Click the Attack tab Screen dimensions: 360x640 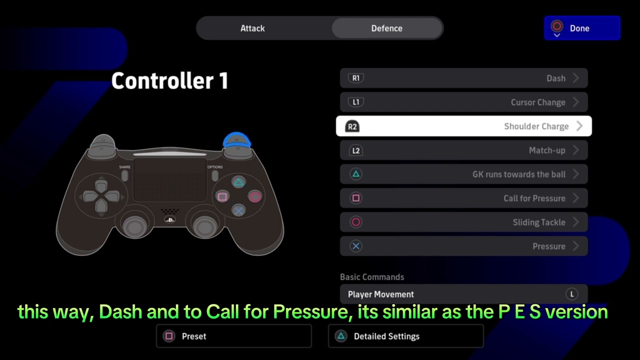click(252, 28)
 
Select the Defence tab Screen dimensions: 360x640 click(386, 28)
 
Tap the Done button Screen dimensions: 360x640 click(581, 28)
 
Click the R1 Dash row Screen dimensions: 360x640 click(463, 78)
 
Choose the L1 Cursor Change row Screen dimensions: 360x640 click(463, 102)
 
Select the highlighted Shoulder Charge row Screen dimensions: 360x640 click(463, 126)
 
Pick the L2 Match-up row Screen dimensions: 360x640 click(463, 150)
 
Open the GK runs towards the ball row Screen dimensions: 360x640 click(463, 174)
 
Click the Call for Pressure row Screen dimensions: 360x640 click(463, 198)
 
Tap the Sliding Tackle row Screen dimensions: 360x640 click(463, 222)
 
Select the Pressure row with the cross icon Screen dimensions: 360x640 click(463, 246)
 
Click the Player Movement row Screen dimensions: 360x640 click(463, 294)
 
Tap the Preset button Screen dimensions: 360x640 click(234, 336)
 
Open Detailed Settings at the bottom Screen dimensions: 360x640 click(405, 336)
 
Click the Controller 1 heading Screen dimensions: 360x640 click(169, 81)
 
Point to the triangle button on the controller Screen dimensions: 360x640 click(239, 182)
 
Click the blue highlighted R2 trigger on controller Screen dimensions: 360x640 click(236, 139)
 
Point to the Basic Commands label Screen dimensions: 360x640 click(372, 277)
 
